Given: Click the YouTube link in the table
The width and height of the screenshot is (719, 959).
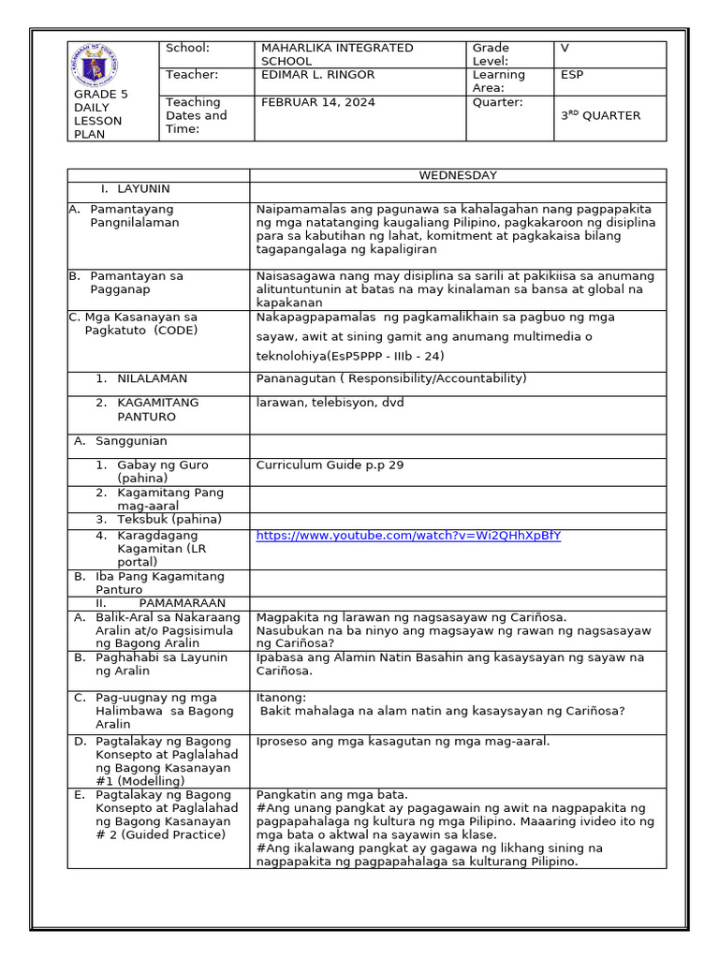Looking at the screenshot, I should [x=408, y=536].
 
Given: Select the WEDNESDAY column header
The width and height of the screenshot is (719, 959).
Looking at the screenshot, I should [x=458, y=175].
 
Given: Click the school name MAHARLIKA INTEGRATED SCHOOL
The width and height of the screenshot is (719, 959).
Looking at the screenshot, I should [x=336, y=54].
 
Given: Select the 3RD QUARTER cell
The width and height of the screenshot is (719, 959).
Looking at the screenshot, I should [x=600, y=116].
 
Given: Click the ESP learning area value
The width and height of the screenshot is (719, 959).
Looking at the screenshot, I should [x=571, y=75].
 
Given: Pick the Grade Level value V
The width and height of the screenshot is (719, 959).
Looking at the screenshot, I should [x=565, y=48].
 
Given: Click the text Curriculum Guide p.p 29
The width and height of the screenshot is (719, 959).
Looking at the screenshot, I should [x=330, y=465].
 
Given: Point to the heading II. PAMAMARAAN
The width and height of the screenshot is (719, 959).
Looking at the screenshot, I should [x=162, y=603].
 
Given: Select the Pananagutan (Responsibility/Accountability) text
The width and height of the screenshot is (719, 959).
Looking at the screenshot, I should [x=391, y=378].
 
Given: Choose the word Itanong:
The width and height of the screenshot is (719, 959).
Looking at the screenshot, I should [x=281, y=698].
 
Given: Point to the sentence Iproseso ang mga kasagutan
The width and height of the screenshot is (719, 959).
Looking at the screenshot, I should [x=403, y=742].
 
